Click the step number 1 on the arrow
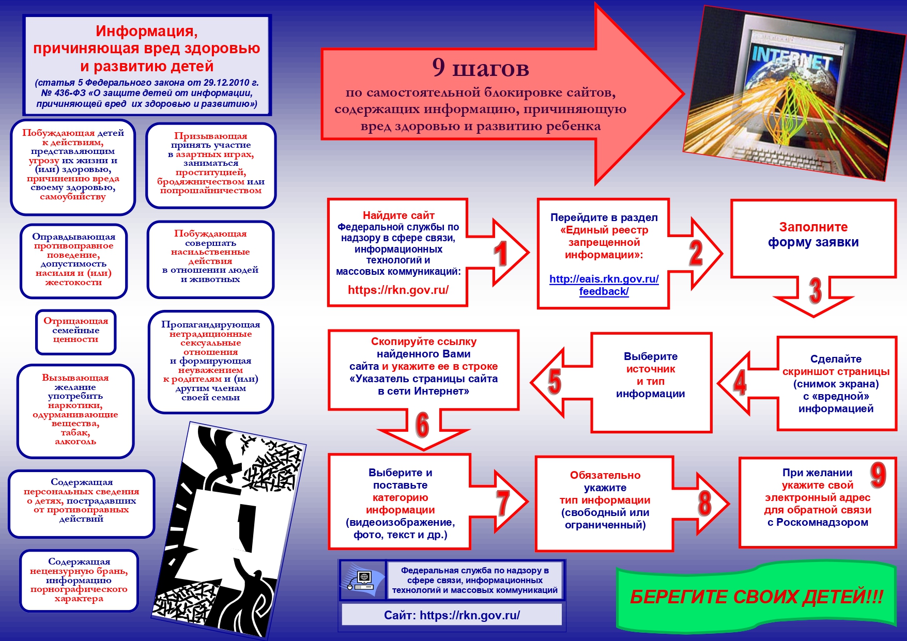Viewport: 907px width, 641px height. click(500, 254)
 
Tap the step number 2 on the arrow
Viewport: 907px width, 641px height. click(696, 253)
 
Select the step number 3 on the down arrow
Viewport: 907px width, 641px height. click(815, 291)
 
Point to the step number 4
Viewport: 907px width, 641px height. click(740, 382)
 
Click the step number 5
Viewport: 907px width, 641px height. click(554, 382)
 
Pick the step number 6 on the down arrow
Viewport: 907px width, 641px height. click(422, 425)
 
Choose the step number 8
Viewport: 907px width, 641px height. click(704, 503)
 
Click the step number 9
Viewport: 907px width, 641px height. click(878, 475)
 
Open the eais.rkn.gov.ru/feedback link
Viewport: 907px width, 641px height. click(604, 285)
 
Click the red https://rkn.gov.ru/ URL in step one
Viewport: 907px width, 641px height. click(398, 290)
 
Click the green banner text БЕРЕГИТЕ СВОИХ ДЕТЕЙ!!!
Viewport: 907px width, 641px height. click(756, 597)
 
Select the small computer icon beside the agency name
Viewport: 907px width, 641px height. click(363, 580)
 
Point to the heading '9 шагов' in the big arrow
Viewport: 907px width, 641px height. click(481, 68)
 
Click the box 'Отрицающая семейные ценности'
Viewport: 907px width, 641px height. click(76, 331)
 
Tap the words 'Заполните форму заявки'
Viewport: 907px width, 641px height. click(813, 234)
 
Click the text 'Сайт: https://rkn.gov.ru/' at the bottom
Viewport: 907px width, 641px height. click(452, 615)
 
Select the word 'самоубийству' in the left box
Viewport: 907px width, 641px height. click(73, 197)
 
